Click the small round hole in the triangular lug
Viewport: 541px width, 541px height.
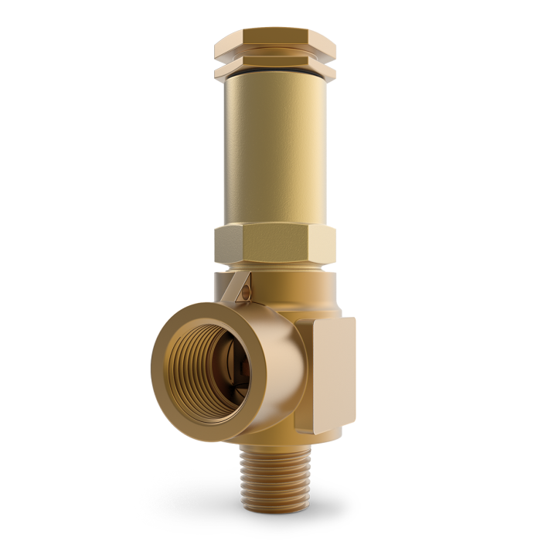click(x=245, y=291)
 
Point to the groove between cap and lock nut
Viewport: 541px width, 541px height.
click(x=274, y=61)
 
